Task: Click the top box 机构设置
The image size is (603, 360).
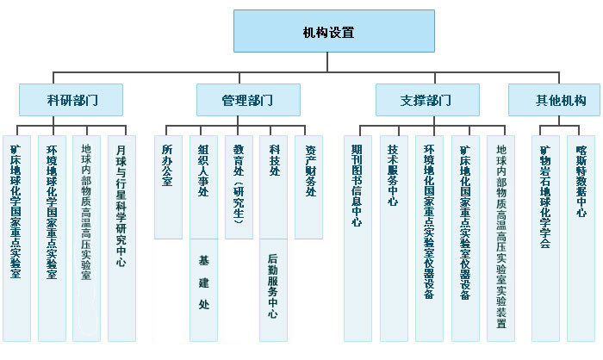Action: (328, 33)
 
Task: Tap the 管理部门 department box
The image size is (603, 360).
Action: (248, 100)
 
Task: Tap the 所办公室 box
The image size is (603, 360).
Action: (168, 186)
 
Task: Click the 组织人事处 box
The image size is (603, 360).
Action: (203, 186)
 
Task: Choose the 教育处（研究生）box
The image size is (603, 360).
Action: (239, 186)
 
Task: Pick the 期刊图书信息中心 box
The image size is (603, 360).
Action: (357, 237)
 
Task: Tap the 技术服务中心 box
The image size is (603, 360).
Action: (393, 237)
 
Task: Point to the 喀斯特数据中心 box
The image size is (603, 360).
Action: (581, 237)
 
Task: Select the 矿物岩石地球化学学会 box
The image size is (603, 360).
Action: (545, 237)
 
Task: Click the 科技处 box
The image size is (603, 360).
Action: (274, 186)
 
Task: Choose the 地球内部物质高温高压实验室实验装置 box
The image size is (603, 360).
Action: (501, 237)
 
